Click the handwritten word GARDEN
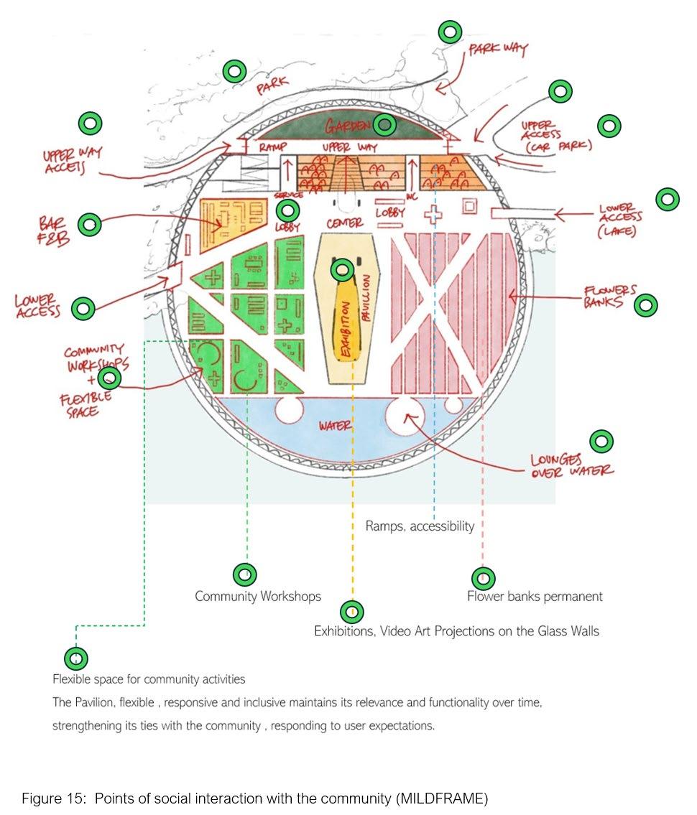click(347, 126)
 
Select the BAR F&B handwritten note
click(55, 230)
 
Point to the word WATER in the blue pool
click(335, 426)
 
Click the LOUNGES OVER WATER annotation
click(572, 465)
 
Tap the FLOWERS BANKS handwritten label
click(610, 297)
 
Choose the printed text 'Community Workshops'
click(258, 597)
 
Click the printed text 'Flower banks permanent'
click(535, 597)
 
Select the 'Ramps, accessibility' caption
click(420, 526)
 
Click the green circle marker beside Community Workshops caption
click(245, 574)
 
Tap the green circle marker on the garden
click(385, 124)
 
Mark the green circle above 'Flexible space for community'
click(75, 658)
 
